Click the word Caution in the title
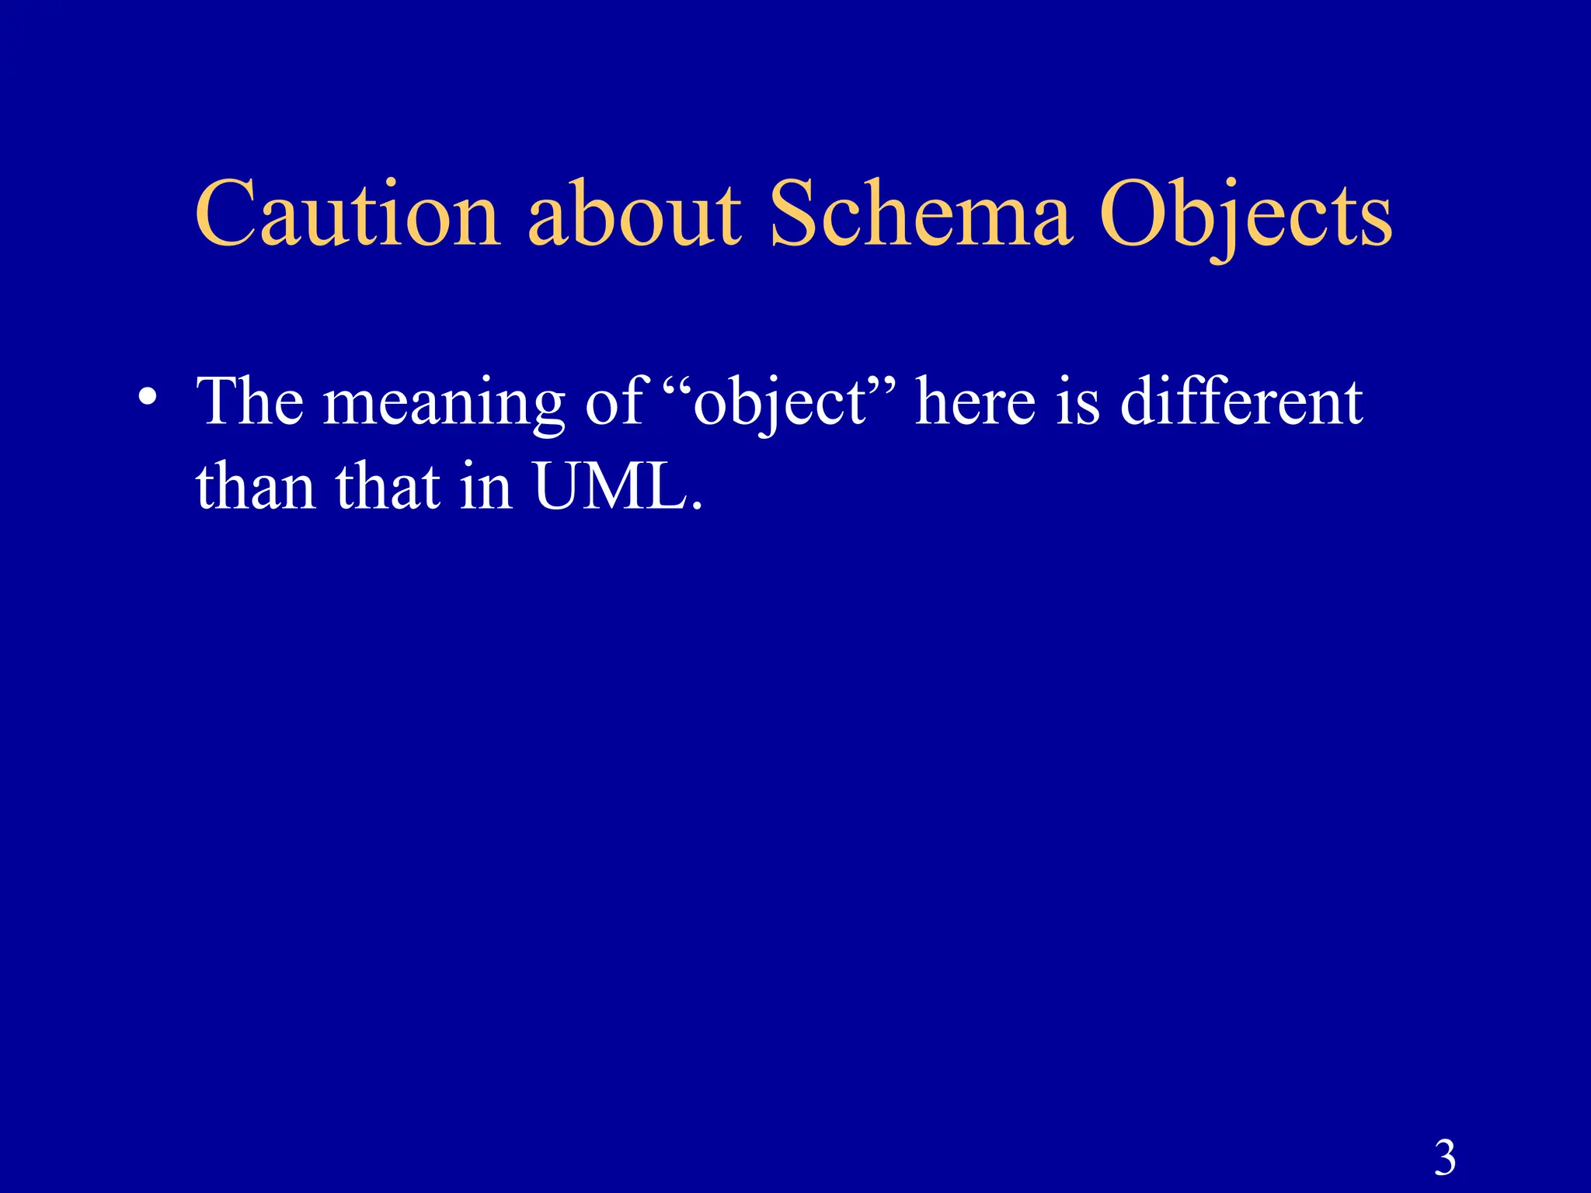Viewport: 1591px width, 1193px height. [347, 214]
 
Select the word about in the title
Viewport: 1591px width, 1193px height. [635, 214]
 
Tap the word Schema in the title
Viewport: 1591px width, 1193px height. [921, 214]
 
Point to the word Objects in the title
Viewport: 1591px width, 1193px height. [1245, 217]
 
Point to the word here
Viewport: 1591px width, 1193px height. [975, 402]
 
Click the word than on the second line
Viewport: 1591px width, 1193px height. [256, 487]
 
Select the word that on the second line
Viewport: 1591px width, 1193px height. [388, 487]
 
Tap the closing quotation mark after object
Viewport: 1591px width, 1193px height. [882, 384]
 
